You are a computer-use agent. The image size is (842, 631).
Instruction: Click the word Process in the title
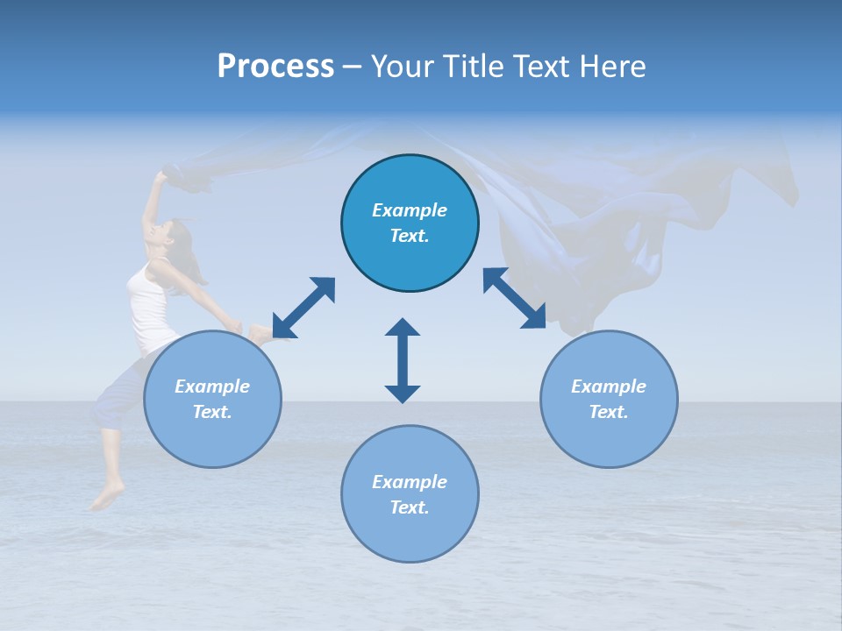click(x=275, y=67)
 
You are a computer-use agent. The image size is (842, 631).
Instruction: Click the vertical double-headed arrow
click(x=403, y=360)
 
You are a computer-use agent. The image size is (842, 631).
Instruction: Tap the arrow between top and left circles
click(x=303, y=308)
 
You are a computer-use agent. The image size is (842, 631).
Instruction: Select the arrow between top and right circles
click(x=515, y=298)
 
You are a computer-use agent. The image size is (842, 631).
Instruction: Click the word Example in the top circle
click(x=410, y=210)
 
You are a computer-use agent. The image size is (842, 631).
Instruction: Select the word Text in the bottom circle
click(x=408, y=507)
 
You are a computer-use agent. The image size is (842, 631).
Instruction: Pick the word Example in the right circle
click(x=609, y=386)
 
